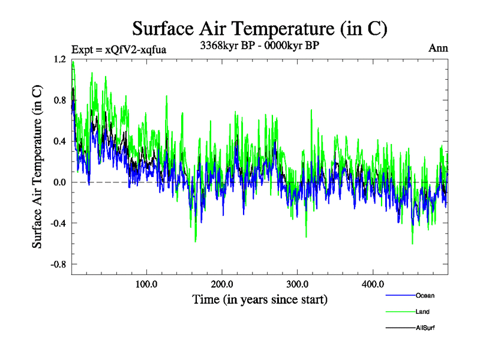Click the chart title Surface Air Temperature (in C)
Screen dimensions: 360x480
pyautogui.click(x=259, y=28)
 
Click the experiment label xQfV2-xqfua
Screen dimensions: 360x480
pyautogui.click(x=118, y=50)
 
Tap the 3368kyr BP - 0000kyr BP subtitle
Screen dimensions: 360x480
pyautogui.click(x=259, y=44)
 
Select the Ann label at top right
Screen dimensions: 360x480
pyautogui.click(x=438, y=49)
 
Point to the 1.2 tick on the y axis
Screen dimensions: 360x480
pyautogui.click(x=59, y=59)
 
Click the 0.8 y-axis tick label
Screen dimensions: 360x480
pyautogui.click(x=59, y=100)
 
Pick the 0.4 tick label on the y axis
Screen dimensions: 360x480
pyautogui.click(x=59, y=142)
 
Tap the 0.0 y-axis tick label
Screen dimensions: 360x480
pyautogui.click(x=59, y=182)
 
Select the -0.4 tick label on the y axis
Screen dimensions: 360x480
pyautogui.click(x=58, y=223)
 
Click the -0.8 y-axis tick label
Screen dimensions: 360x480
pyautogui.click(x=58, y=264)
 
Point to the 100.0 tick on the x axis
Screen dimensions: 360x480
pyautogui.click(x=146, y=284)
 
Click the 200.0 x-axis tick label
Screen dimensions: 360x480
pyautogui.click(x=222, y=284)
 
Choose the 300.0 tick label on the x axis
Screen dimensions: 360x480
pyautogui.click(x=297, y=284)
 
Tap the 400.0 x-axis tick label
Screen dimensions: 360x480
pyautogui.click(x=373, y=284)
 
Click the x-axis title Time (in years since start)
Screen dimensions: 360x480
pyautogui.click(x=259, y=298)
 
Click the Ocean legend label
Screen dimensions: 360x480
pyautogui.click(x=425, y=295)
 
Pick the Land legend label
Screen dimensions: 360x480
pyautogui.click(x=422, y=311)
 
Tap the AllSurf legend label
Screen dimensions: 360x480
pyautogui.click(x=425, y=328)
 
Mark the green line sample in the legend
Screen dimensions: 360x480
pyautogui.click(x=399, y=311)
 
